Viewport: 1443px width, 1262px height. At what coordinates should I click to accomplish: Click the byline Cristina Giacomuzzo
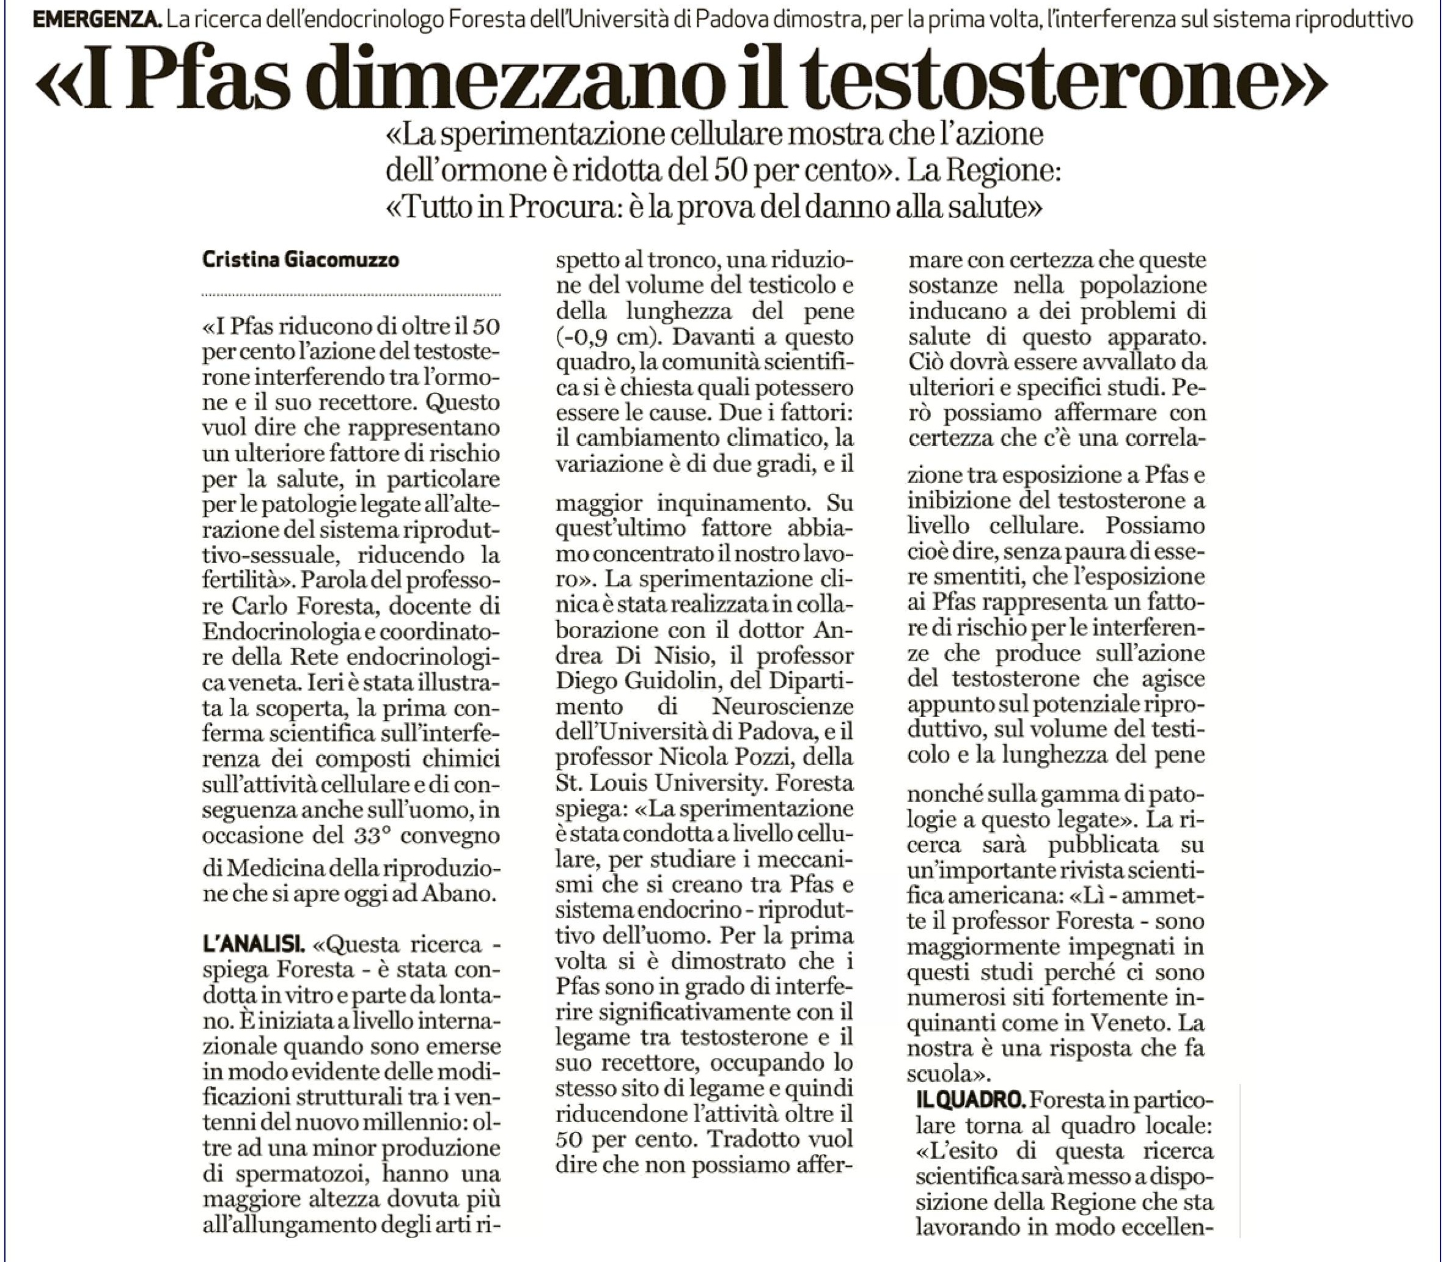(x=301, y=260)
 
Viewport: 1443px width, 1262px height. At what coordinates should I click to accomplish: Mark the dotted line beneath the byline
(x=351, y=295)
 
